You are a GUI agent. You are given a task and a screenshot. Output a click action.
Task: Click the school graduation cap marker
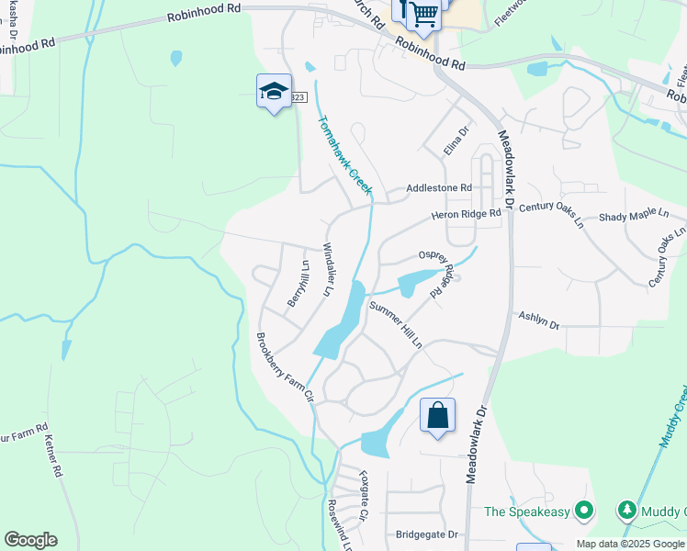pyautogui.click(x=274, y=91)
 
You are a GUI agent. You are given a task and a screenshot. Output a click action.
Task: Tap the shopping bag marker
pyautogui.click(x=438, y=415)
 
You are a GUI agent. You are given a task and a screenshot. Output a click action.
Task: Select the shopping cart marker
pyautogui.click(x=422, y=13)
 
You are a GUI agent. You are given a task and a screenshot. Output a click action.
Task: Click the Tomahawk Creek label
pyautogui.click(x=344, y=154)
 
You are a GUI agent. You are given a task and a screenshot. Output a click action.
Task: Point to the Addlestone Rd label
pyautogui.click(x=440, y=188)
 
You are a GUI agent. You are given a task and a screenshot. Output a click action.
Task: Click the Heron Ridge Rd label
pyautogui.click(x=467, y=215)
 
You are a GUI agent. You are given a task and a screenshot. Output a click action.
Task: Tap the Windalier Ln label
pyautogui.click(x=325, y=270)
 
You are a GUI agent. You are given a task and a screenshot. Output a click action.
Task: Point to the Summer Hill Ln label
pyautogui.click(x=395, y=325)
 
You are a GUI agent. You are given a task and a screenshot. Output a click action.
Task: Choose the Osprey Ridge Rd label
pyautogui.click(x=437, y=266)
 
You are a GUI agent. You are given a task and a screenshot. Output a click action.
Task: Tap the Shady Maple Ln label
pyautogui.click(x=634, y=215)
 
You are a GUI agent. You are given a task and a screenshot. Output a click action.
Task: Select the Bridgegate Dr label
pyautogui.click(x=426, y=534)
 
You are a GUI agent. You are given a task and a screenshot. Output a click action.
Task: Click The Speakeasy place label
pyautogui.click(x=529, y=511)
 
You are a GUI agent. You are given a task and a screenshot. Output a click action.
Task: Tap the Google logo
pyautogui.click(x=30, y=540)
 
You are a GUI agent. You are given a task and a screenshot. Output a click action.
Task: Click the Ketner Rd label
pyautogui.click(x=53, y=455)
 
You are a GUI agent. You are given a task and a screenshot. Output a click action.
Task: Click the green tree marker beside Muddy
pyautogui.click(x=628, y=510)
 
